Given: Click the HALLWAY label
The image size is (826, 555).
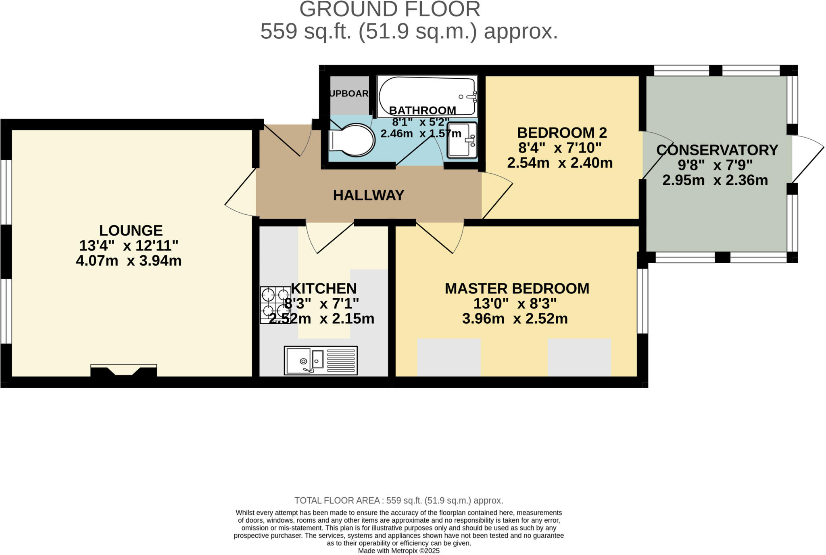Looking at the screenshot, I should tap(368, 195).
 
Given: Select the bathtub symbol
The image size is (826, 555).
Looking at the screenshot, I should tap(428, 96).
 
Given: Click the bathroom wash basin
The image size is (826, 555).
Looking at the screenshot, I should tap(462, 140).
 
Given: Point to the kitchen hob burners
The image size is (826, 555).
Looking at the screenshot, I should tap(275, 305).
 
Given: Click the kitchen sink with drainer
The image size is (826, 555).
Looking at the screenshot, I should tap(321, 360).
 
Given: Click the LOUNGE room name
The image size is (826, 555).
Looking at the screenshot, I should tap(131, 230).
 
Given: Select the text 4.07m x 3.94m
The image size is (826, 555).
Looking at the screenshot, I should tap(129, 261).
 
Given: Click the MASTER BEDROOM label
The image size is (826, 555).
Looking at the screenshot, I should tap(517, 289).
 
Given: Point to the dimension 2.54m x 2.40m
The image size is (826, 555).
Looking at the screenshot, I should tap(559, 163).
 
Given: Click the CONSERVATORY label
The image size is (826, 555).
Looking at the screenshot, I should tap(717, 150).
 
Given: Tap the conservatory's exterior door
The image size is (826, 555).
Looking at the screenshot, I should tap(807, 159).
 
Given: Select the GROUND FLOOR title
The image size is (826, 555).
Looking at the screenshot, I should tap(390, 9).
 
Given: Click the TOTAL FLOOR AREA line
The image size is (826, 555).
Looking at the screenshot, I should tap(398, 501).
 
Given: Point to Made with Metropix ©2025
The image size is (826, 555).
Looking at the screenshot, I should tap(398, 551).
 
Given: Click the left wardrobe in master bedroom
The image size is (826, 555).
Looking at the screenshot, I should tap(448, 357).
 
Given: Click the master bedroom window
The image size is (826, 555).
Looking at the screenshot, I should tap(642, 301).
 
